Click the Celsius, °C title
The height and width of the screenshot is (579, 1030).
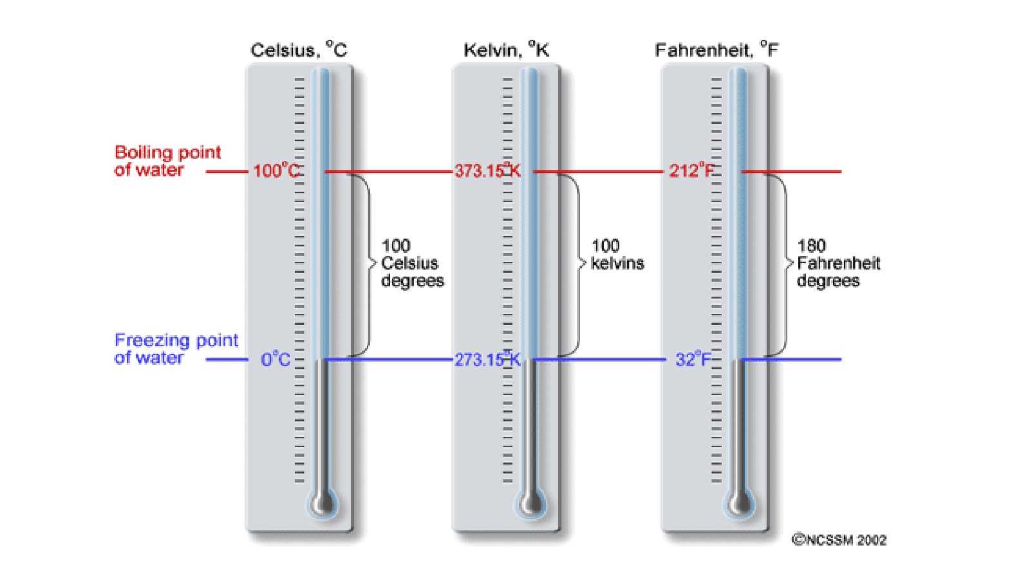tap(299, 50)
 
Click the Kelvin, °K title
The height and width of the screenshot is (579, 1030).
tap(506, 50)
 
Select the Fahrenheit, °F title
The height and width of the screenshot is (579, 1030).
tap(716, 50)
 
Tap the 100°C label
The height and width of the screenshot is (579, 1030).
tap(276, 170)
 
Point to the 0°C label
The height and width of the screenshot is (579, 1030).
tap(276, 360)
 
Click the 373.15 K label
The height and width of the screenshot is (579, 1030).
tap(487, 170)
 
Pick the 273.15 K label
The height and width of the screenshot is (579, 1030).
tap(487, 360)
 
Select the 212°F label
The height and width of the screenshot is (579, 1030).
tap(691, 170)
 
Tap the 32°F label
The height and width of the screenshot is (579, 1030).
tap(693, 360)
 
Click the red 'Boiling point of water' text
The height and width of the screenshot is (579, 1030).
tap(167, 161)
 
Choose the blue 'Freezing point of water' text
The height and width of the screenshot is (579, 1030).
tap(176, 349)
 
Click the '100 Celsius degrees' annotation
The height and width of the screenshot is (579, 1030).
tap(412, 263)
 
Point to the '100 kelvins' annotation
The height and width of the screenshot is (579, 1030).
tap(617, 255)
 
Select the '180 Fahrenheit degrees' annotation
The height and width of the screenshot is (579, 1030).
tap(838, 263)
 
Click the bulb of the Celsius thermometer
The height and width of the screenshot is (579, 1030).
tap(323, 502)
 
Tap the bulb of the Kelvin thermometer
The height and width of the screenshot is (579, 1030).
tap(531, 502)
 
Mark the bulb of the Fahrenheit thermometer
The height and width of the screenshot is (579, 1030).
tap(740, 502)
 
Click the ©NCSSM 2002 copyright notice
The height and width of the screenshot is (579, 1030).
tap(839, 540)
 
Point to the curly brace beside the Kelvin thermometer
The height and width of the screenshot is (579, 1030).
tap(575, 264)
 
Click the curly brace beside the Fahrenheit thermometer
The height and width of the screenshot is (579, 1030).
tap(782, 264)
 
